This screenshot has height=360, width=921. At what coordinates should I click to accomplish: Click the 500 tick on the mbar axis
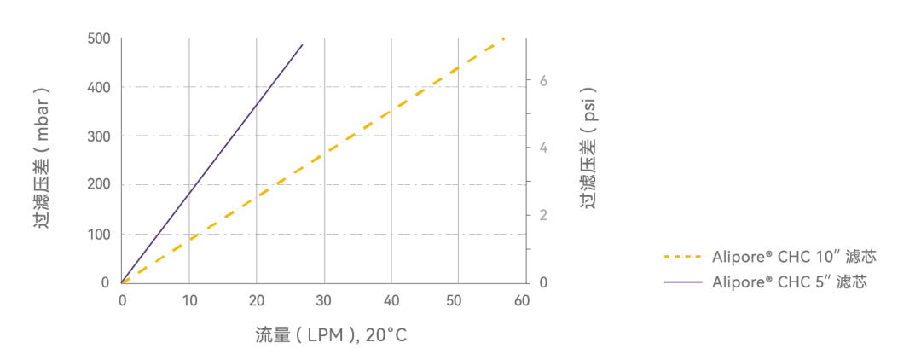[x=98, y=38]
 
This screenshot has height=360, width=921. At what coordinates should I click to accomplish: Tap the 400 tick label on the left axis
[x=98, y=87]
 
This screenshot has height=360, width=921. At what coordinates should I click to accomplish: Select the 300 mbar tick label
[x=98, y=136]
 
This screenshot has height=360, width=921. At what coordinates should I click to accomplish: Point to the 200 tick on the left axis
[x=98, y=185]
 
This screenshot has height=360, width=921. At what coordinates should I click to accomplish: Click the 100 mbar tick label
[x=98, y=234]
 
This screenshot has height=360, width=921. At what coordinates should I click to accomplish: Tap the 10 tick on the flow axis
[x=189, y=300]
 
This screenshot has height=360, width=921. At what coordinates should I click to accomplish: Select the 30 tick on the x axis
[x=324, y=300]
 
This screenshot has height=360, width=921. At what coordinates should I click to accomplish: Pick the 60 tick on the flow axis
[x=522, y=300]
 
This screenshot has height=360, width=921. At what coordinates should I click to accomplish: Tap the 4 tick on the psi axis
[x=543, y=148]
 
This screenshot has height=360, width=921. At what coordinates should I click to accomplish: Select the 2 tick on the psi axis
[x=543, y=215]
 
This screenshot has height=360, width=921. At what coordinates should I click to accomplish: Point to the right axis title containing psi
[x=588, y=147]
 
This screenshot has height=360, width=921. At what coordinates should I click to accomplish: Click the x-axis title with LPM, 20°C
[x=331, y=335]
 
